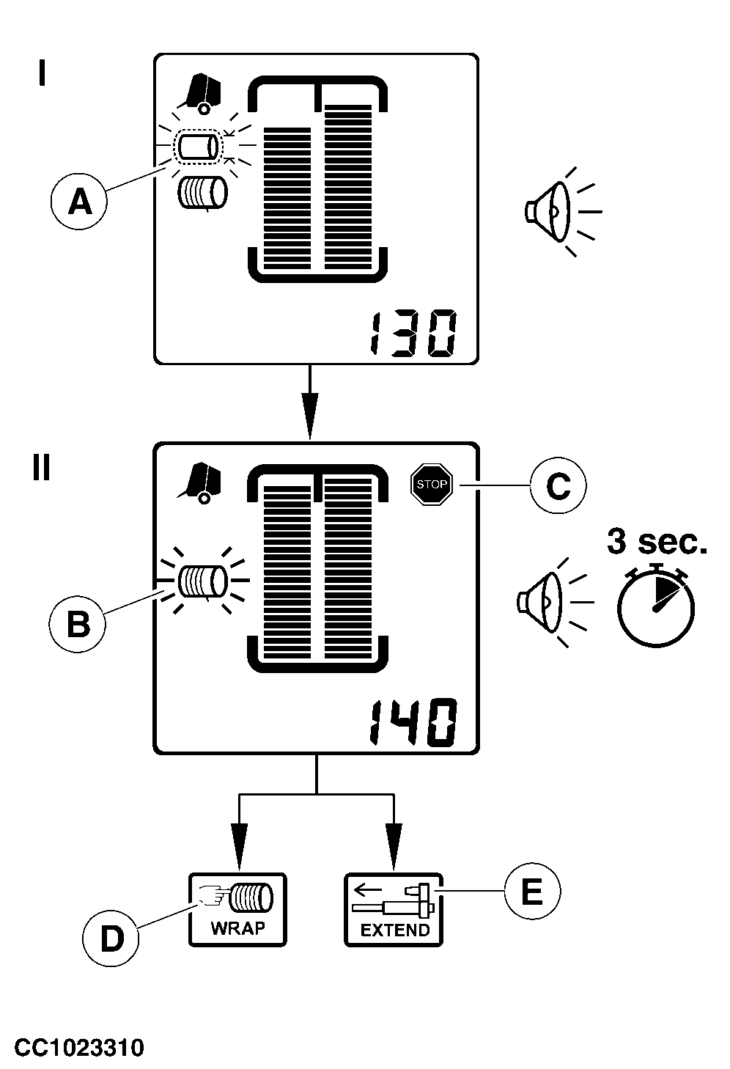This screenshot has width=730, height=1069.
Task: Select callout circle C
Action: coord(558,485)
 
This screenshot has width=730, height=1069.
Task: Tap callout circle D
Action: coord(111,938)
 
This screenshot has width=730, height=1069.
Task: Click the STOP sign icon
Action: coord(431,484)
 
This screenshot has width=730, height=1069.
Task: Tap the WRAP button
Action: coord(237,909)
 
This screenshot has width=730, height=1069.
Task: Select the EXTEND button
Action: coord(394,909)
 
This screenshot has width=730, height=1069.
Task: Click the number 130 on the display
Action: coord(413,335)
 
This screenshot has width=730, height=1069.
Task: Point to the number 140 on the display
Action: coord(413,723)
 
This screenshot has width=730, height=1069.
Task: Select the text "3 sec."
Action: coord(657,543)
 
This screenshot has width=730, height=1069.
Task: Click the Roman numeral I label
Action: coord(43,73)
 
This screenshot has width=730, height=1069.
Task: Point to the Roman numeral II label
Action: coord(41,467)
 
